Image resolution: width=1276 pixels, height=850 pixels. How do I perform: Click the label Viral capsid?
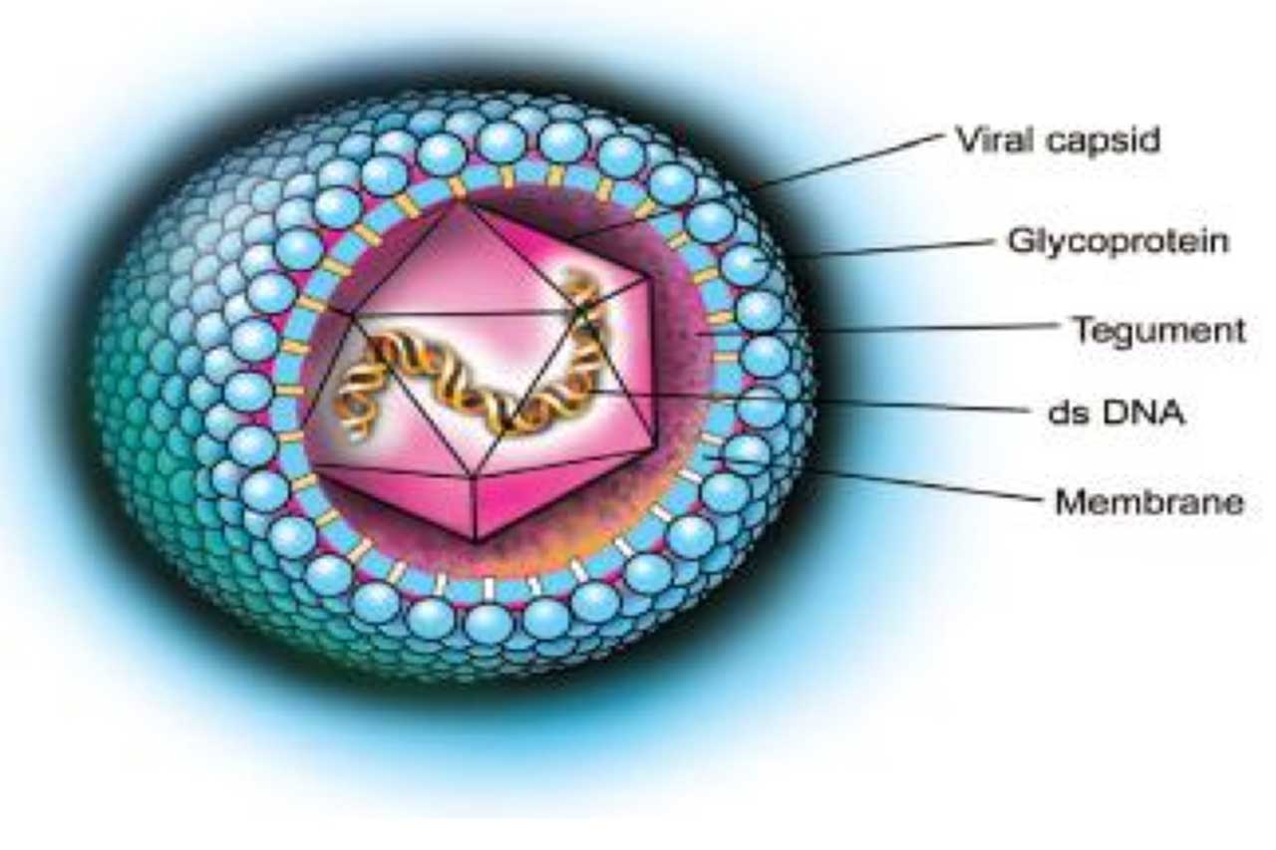pyautogui.click(x=1058, y=141)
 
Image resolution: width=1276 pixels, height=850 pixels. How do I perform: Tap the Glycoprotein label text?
pyautogui.click(x=1116, y=241)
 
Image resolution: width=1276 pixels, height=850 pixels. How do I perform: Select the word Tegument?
pyautogui.click(x=1158, y=330)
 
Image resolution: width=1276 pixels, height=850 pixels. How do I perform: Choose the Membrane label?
pyautogui.click(x=1148, y=501)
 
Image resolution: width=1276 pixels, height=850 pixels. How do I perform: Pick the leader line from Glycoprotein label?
pyautogui.click(x=887, y=249)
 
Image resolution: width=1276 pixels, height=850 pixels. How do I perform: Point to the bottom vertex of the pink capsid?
pyautogui.click(x=477, y=541)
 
